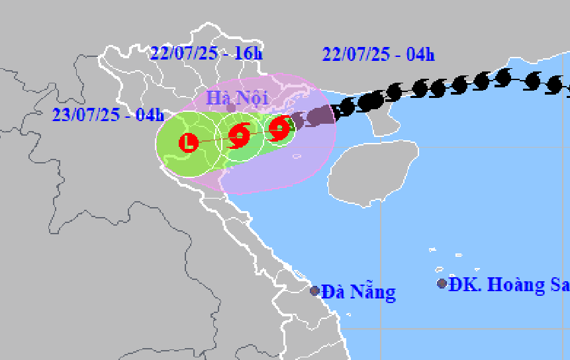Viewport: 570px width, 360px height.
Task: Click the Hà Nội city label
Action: [x=237, y=98]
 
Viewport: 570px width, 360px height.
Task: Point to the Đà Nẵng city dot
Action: [x=315, y=291]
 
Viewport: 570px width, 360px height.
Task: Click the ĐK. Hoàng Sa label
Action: [x=508, y=285]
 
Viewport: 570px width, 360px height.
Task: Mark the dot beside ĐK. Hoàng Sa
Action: [x=442, y=284]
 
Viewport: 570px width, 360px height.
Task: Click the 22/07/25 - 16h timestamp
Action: [x=207, y=53]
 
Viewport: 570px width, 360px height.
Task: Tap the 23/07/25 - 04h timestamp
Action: [x=108, y=114]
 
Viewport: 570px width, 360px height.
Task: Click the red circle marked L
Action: [x=189, y=142]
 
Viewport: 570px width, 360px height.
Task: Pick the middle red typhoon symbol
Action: [x=239, y=136]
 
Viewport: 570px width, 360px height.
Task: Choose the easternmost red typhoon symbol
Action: [x=281, y=127]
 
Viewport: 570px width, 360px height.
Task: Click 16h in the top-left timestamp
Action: [x=250, y=53]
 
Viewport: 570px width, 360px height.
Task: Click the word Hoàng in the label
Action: [x=517, y=285]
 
